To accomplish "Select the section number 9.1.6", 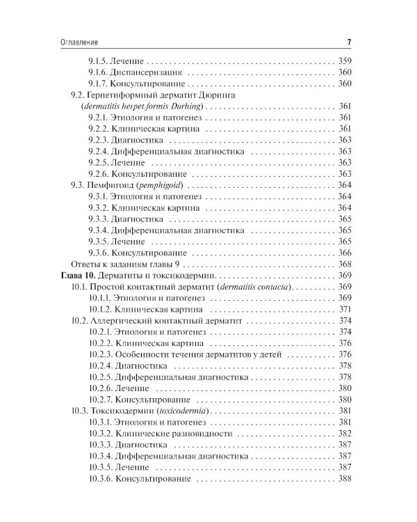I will [101, 72].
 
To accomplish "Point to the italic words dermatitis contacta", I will [258, 287].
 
